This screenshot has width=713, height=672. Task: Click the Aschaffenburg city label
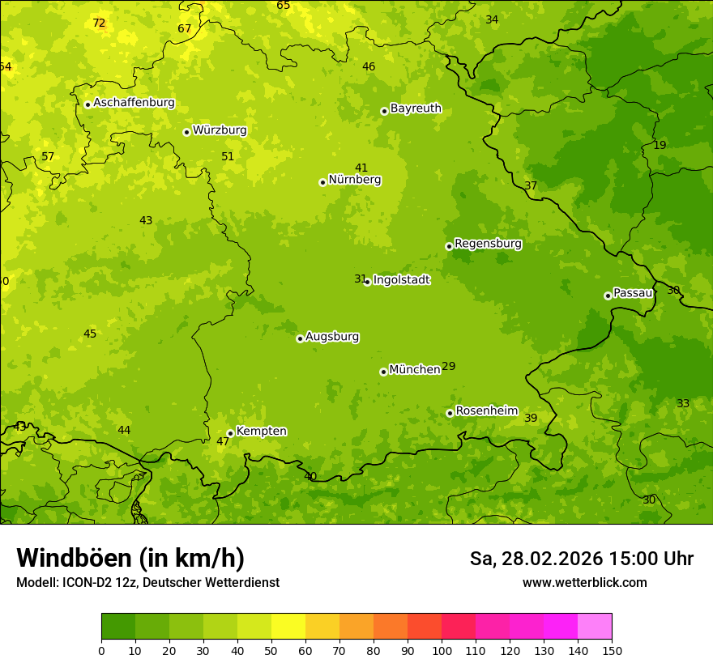(x=134, y=103)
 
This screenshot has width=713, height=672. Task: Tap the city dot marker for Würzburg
(x=186, y=132)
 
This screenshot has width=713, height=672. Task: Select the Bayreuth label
(x=416, y=108)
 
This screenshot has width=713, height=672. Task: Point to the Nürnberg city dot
(x=322, y=182)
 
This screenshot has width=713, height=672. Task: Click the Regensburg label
(x=488, y=244)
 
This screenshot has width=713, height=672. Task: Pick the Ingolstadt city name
(x=401, y=280)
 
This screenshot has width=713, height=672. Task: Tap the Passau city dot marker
(x=608, y=296)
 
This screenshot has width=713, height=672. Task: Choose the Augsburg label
(x=332, y=337)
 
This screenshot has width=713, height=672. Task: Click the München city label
(x=414, y=370)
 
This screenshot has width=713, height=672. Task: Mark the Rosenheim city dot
(x=450, y=413)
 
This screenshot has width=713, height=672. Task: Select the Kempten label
(x=261, y=432)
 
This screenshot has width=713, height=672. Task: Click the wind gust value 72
(x=99, y=23)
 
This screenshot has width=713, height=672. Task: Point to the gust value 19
(x=660, y=145)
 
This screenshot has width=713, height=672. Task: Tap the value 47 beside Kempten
(x=223, y=442)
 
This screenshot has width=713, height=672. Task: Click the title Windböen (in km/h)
(x=130, y=558)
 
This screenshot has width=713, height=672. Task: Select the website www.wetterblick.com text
(x=584, y=583)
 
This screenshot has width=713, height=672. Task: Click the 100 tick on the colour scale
(x=442, y=649)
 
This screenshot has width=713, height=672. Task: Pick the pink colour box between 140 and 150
(x=595, y=626)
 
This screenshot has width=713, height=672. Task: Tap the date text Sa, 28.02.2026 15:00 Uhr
(x=581, y=559)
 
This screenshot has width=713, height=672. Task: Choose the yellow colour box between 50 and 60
(x=288, y=626)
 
